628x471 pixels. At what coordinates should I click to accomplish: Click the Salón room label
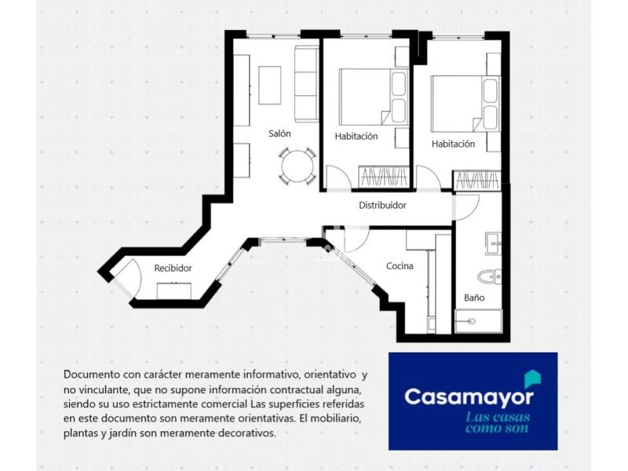pyautogui.click(x=279, y=133)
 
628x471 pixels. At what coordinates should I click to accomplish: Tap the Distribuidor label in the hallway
pyautogui.click(x=382, y=205)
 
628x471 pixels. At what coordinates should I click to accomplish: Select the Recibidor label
pyautogui.click(x=173, y=268)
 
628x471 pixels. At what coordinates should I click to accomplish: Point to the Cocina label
pyautogui.click(x=400, y=266)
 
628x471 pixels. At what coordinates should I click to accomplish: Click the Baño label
pyautogui.click(x=474, y=298)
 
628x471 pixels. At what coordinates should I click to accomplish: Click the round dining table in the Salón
pyautogui.click(x=298, y=166)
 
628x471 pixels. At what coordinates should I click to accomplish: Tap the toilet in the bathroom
pyautogui.click(x=489, y=276)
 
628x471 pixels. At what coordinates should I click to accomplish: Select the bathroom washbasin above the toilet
pyautogui.click(x=494, y=243)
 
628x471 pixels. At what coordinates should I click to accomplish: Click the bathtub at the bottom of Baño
pyautogui.click(x=479, y=321)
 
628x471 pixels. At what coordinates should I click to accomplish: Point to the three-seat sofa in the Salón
pyautogui.click(x=306, y=84)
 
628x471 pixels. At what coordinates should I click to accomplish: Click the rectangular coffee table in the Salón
pyautogui.click(x=269, y=86)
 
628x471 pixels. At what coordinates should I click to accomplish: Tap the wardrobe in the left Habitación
pyautogui.click(x=384, y=177)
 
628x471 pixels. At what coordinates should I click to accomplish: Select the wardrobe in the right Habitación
pyautogui.click(x=476, y=181)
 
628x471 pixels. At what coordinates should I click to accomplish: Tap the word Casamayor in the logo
pyautogui.click(x=469, y=396)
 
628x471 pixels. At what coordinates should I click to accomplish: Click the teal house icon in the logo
pyautogui.click(x=533, y=379)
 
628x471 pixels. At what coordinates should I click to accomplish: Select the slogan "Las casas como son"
pyautogui.click(x=498, y=423)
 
